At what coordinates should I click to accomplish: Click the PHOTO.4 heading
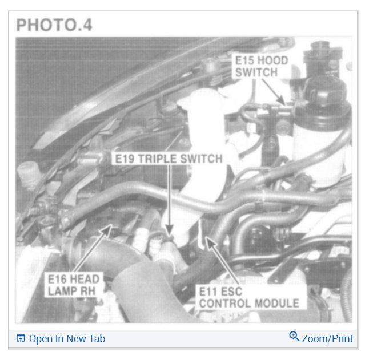54,25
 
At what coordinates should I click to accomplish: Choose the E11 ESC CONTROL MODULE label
249,297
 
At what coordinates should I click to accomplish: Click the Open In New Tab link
67,338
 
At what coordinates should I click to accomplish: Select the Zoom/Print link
327,338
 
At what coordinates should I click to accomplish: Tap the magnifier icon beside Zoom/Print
294,337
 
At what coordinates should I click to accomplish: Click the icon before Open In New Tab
21,339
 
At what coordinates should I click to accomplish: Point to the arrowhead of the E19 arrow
169,234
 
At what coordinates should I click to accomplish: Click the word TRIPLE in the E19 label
163,158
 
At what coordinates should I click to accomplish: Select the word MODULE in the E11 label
278,303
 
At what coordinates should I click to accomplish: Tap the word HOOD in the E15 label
271,60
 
